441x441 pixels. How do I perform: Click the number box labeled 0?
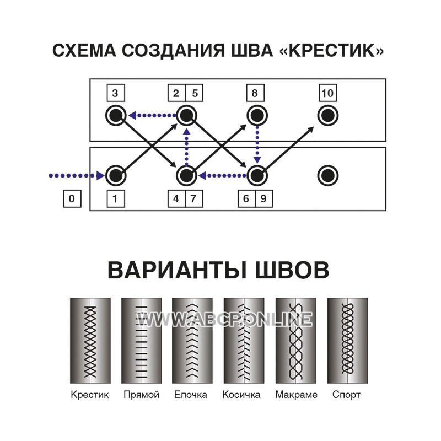(x=72, y=199)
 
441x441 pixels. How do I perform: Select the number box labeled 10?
(x=327, y=93)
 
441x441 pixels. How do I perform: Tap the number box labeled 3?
(x=116, y=93)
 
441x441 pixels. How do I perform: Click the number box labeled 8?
(x=255, y=93)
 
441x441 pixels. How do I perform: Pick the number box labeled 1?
(x=116, y=199)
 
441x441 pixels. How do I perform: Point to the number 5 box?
(x=195, y=93)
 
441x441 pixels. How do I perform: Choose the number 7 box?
(x=194, y=199)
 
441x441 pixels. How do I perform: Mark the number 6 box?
(x=246, y=199)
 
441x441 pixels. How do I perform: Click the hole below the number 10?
(x=327, y=115)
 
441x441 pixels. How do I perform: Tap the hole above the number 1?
(x=116, y=175)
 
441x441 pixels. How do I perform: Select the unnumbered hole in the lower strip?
(x=327, y=175)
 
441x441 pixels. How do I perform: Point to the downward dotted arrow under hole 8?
(x=257, y=144)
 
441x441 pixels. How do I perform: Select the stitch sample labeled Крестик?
(x=90, y=341)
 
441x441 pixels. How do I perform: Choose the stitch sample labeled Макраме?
(x=296, y=341)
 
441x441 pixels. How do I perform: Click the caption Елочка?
(x=191, y=395)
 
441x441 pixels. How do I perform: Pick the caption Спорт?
(x=346, y=395)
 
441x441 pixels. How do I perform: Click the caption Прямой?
(x=142, y=395)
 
